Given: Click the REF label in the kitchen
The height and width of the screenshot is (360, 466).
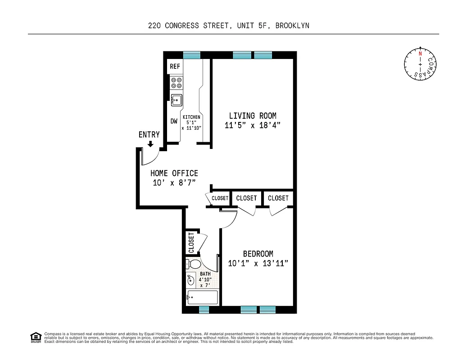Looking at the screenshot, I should click(175, 67).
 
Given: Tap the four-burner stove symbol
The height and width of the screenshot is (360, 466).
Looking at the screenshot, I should click(176, 83).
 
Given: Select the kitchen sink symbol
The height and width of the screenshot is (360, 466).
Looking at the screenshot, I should click(176, 99).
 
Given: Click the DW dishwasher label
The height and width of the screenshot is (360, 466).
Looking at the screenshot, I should click(174, 121).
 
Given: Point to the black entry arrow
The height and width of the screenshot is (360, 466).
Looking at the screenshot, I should click(150, 144).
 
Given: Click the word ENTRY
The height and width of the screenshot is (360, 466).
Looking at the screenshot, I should click(149, 135).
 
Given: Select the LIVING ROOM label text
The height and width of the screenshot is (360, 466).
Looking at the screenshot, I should click(253, 116).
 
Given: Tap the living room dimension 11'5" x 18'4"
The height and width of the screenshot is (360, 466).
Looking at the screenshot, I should click(253, 126).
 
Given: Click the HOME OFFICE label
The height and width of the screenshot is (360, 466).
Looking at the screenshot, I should click(174, 173).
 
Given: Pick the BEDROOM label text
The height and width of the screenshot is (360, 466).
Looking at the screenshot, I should click(258, 254).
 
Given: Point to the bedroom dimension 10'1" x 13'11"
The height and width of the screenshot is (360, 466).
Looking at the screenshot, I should click(258, 264).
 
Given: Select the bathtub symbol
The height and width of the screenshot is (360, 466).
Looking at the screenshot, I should click(202, 297).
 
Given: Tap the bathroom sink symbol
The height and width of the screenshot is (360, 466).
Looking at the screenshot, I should click(191, 280).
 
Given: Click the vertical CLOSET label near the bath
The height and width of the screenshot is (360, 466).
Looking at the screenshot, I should click(191, 243).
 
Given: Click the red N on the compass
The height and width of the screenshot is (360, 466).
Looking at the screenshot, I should click(420, 53).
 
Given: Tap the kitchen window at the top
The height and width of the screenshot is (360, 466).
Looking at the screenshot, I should click(192, 55).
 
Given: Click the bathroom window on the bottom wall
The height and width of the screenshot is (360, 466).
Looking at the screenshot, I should click(204, 310).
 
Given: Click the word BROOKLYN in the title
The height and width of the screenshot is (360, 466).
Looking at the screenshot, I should click(292, 26).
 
